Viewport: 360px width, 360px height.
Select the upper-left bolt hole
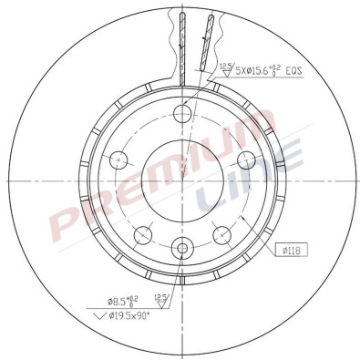[x=117, y=160]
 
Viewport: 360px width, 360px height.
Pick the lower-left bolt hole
[x=142, y=236]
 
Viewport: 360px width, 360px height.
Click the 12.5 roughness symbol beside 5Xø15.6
[x=226, y=65]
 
